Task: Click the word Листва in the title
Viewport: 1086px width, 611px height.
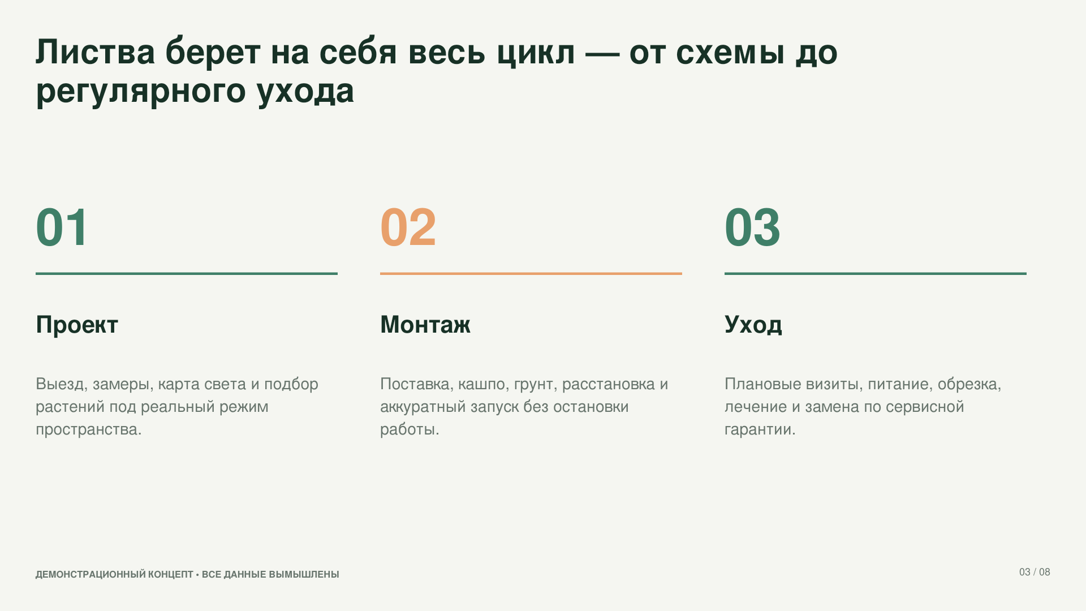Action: tap(96, 52)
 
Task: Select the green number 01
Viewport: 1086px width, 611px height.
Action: tap(62, 227)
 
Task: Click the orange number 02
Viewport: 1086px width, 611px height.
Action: tap(408, 227)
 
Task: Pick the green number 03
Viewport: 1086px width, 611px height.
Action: tap(752, 227)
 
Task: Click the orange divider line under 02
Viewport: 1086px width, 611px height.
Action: tap(531, 274)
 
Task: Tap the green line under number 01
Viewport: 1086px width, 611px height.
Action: tap(187, 274)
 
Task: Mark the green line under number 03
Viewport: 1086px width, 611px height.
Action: tap(876, 274)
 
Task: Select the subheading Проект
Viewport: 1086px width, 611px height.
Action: tap(77, 325)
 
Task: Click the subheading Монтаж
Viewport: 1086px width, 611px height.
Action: tap(425, 325)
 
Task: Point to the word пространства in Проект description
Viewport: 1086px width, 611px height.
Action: tap(89, 430)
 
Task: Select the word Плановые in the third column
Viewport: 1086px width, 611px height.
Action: tap(763, 384)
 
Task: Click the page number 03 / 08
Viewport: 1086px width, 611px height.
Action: tap(1035, 572)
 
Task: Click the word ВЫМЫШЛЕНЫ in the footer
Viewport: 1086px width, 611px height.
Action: tap(304, 574)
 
